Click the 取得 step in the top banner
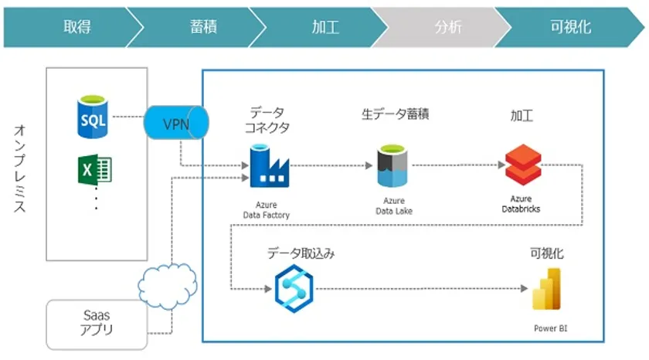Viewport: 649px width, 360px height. tap(77, 27)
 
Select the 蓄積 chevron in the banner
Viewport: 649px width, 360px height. tap(202, 27)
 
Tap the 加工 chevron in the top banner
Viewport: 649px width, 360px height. tap(325, 27)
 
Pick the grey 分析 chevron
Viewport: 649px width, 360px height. tap(448, 27)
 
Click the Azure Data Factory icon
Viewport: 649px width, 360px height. tap(267, 165)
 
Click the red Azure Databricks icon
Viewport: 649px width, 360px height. tap(518, 165)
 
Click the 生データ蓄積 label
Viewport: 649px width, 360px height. tap(395, 114)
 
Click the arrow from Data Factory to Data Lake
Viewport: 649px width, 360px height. tap(328, 165)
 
